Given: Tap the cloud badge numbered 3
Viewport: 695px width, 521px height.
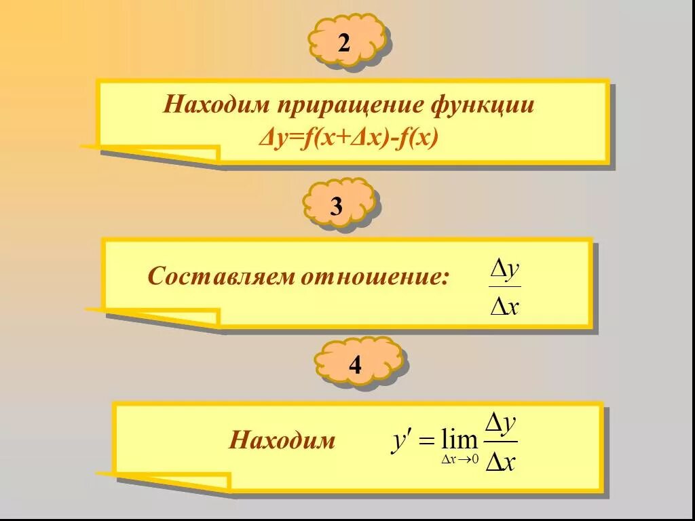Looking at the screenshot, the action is click(x=337, y=206).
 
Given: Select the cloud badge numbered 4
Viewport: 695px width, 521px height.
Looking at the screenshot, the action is click(x=356, y=366).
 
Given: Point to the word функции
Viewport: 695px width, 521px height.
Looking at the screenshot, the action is click(x=483, y=107).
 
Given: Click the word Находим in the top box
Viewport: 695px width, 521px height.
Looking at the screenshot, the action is click(x=214, y=107).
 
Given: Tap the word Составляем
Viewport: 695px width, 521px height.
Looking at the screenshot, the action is click(x=221, y=277).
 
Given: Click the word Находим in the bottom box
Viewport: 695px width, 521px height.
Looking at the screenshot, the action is click(x=282, y=441).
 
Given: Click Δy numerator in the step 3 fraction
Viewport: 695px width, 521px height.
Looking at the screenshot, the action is click(x=505, y=269).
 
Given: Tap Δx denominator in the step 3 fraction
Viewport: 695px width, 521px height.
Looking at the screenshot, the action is click(x=505, y=307).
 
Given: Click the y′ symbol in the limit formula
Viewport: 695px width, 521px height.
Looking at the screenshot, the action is click(x=400, y=440).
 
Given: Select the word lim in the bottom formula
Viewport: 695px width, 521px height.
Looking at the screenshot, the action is click(x=459, y=440).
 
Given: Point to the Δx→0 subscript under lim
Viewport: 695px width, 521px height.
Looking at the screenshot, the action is click(x=460, y=460).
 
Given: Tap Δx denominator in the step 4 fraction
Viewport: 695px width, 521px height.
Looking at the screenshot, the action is click(x=501, y=463).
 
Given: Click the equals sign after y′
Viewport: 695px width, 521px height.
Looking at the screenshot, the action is click(x=426, y=442).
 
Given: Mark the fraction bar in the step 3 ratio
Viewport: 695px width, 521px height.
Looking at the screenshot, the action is click(x=505, y=288).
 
